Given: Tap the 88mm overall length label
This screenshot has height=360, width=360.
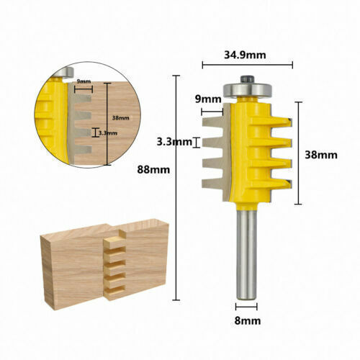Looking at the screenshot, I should (x=153, y=170).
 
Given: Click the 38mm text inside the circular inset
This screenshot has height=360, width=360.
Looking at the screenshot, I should (x=120, y=117).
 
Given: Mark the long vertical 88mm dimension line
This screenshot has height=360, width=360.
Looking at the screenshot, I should (x=177, y=187).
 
